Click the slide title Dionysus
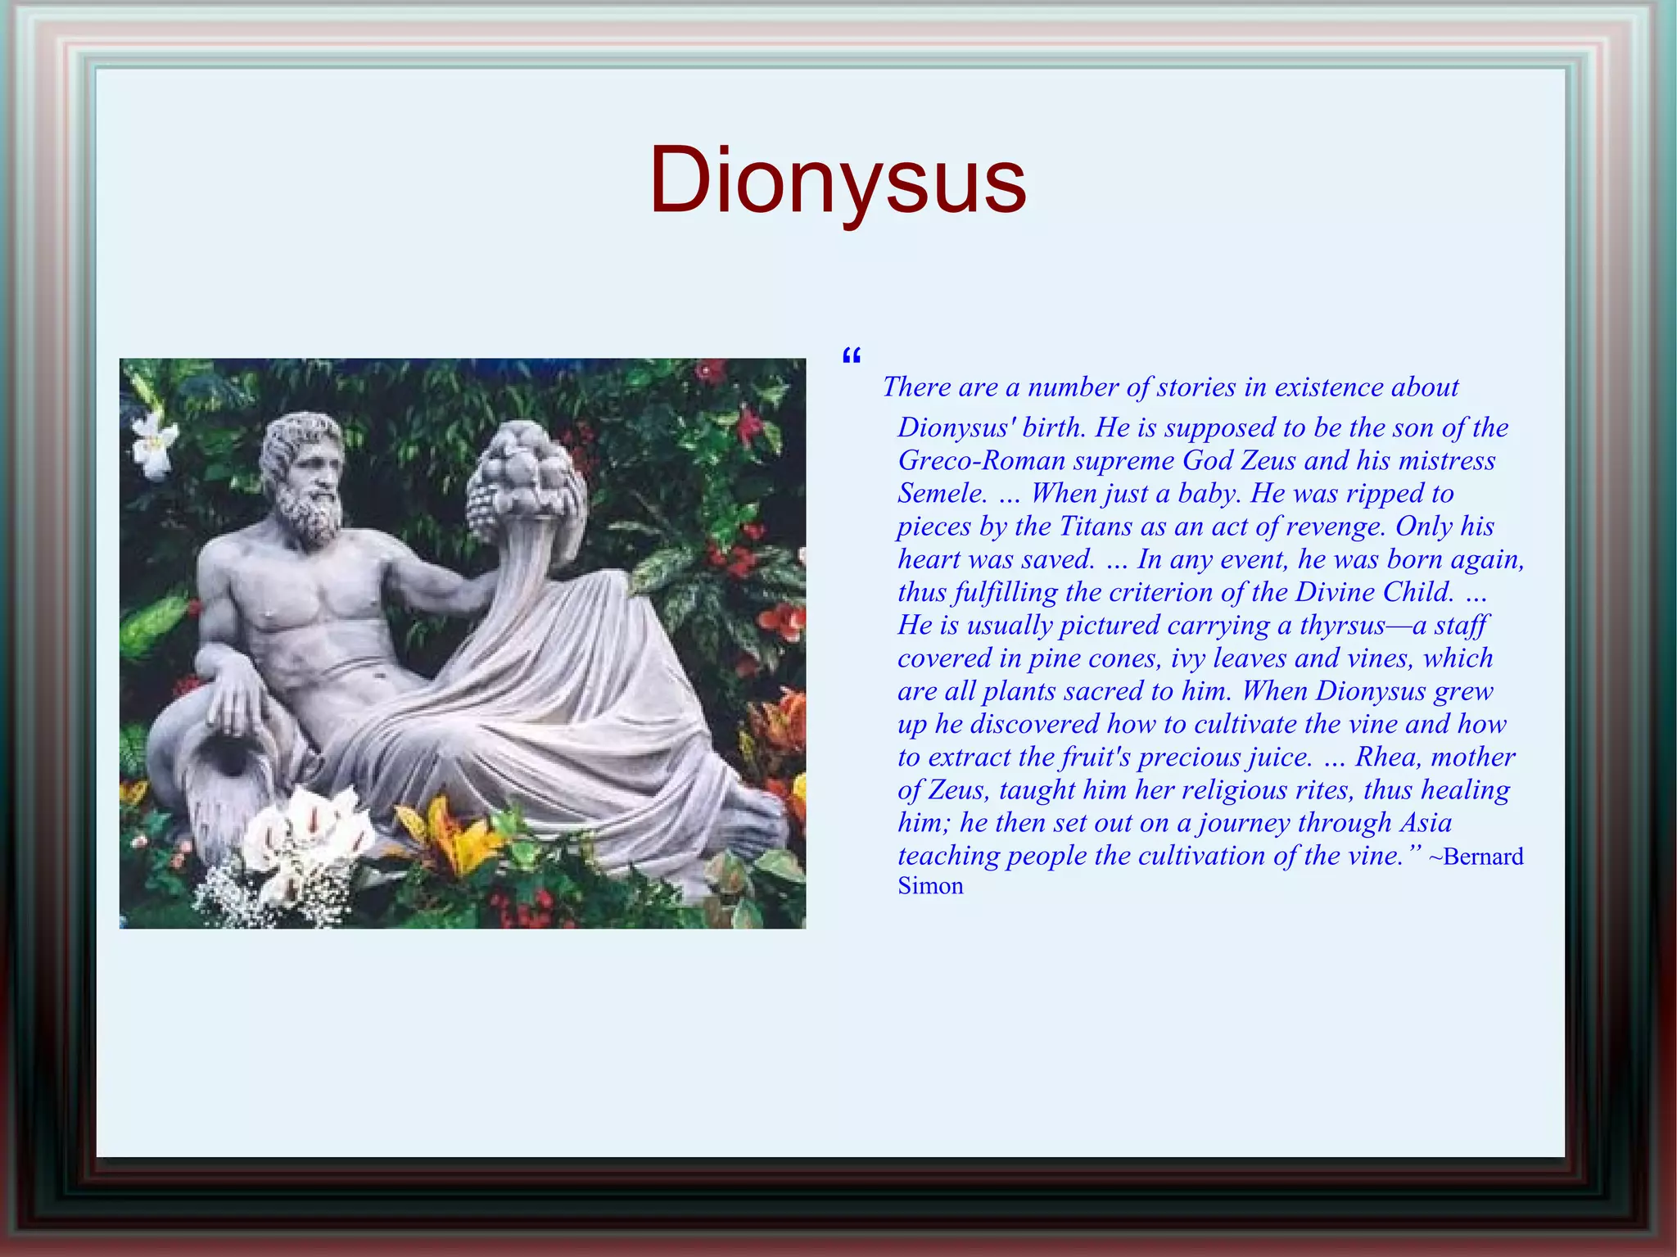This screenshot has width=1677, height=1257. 837,180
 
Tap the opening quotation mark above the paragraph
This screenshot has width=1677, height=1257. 851,356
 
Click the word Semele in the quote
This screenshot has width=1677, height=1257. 941,493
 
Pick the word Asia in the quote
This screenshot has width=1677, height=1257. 1426,822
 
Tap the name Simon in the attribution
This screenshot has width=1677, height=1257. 930,886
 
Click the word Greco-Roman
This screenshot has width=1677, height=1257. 981,460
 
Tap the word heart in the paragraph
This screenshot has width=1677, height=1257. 929,559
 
